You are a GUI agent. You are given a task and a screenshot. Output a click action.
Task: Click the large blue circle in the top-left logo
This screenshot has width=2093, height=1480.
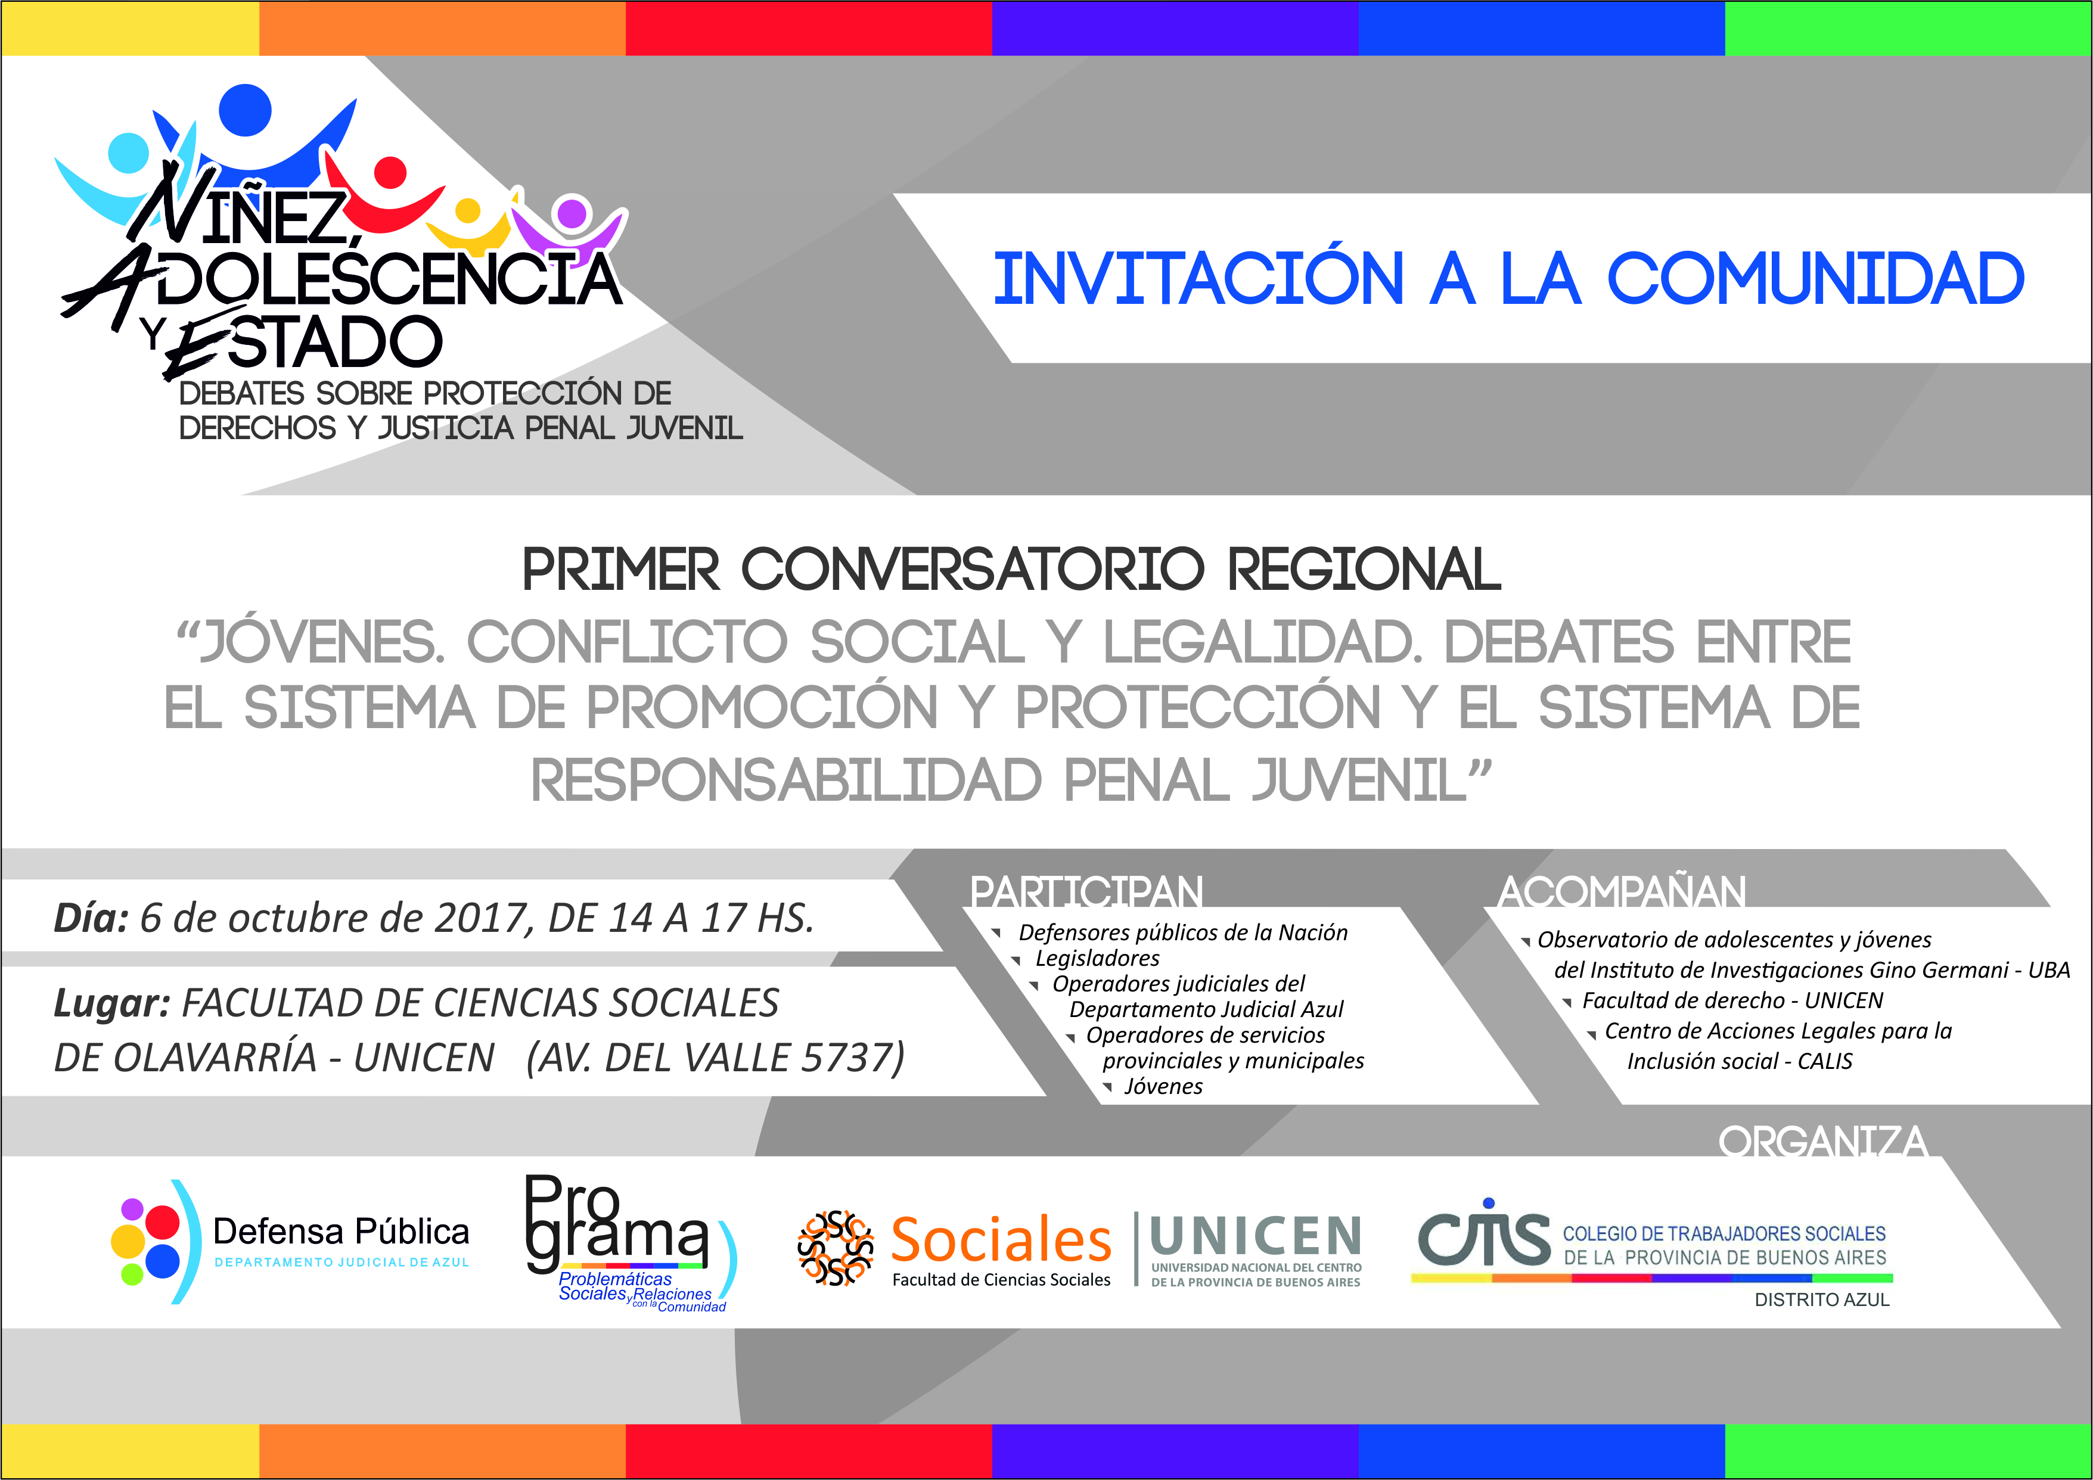coord(245,110)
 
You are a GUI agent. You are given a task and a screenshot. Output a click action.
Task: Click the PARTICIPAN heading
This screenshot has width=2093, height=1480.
coord(1086,891)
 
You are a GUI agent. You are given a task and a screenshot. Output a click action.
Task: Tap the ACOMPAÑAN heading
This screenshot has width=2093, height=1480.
coord(1622,891)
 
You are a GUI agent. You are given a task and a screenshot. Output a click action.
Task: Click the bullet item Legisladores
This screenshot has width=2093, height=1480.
coord(1098,958)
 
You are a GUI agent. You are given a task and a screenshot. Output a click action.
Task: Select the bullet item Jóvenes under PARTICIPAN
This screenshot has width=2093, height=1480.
coord(1163,1086)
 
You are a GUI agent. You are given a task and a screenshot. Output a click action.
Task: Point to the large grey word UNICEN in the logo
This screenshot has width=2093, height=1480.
coord(1256,1237)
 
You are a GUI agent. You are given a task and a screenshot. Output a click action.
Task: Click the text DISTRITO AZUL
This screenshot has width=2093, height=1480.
coord(1822,1299)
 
